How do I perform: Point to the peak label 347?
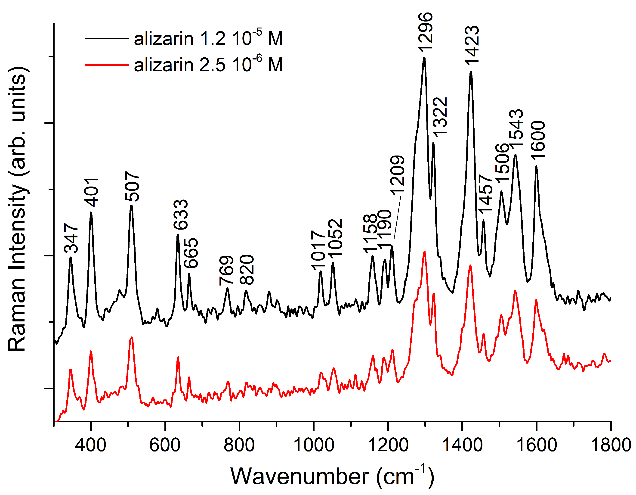pyautogui.click(x=71, y=238)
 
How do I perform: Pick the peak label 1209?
pyautogui.click(x=397, y=175)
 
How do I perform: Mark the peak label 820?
pyautogui.click(x=247, y=270)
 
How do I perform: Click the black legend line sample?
pyautogui.click(x=107, y=38)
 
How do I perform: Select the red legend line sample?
pyautogui.click(x=107, y=64)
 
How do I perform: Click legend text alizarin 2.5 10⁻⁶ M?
pyautogui.click(x=208, y=64)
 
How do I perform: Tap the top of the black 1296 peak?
pyautogui.click(x=424, y=57)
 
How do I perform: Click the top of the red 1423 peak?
pyautogui.click(x=470, y=265)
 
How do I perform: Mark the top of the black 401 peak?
pyautogui.click(x=91, y=212)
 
